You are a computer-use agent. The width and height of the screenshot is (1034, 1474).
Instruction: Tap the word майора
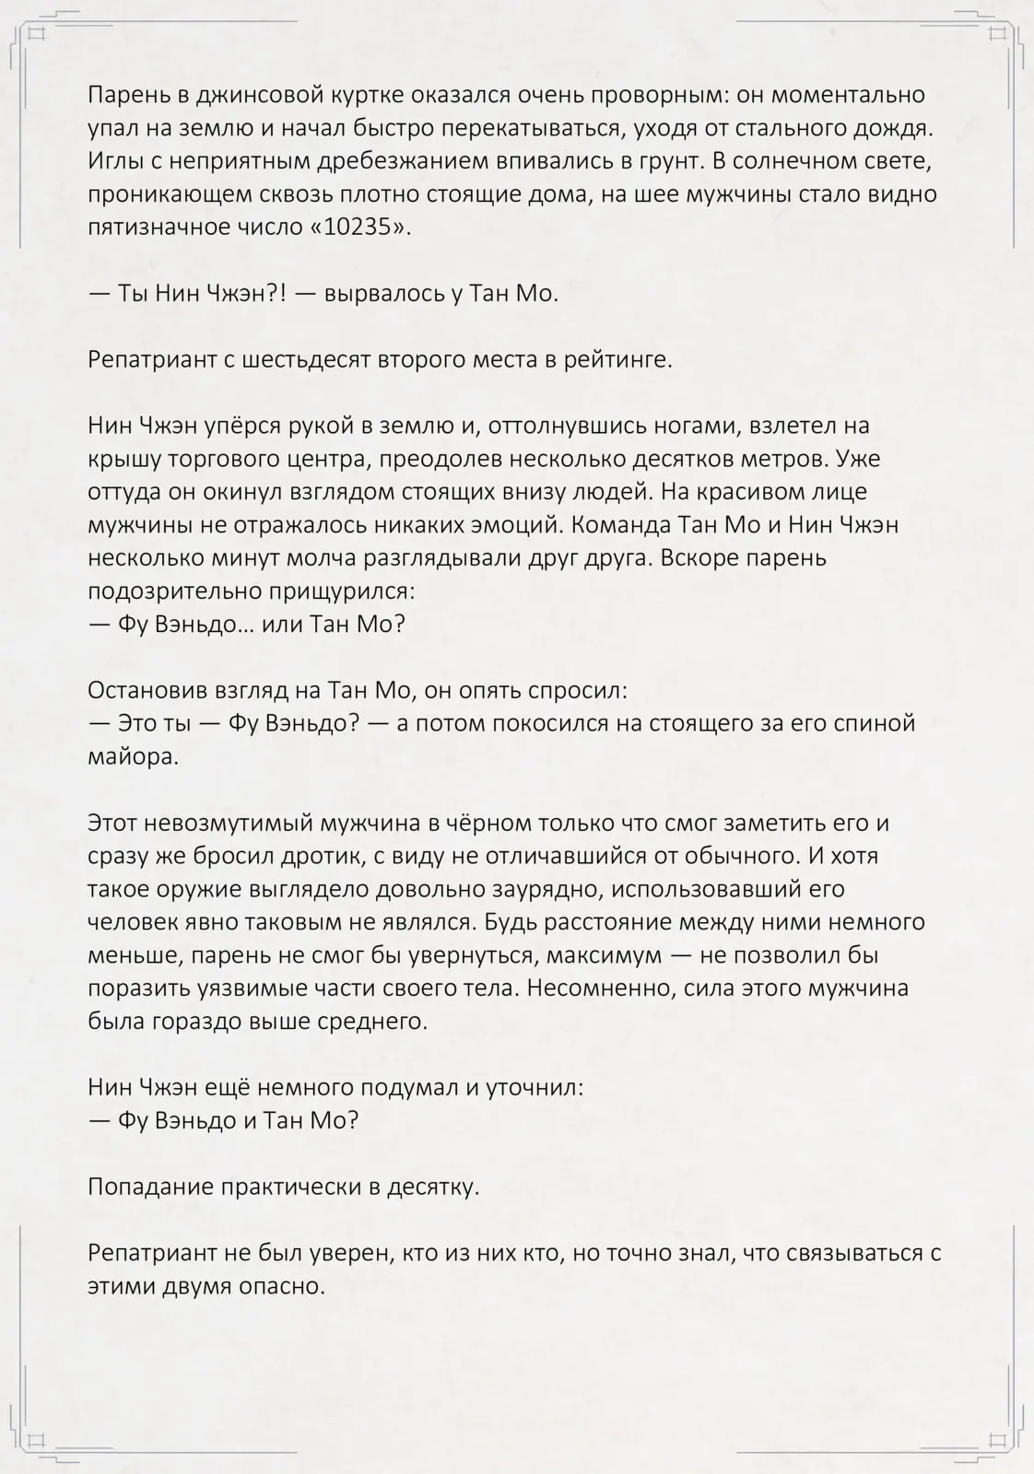tap(132, 756)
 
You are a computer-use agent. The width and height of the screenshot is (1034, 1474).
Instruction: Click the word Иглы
tap(114, 160)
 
